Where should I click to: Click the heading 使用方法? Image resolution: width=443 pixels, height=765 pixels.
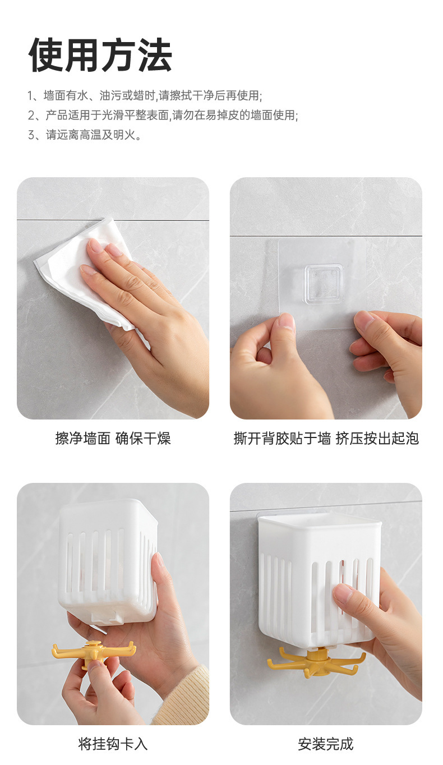point(100,55)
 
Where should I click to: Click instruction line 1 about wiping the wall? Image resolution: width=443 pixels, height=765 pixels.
point(145,95)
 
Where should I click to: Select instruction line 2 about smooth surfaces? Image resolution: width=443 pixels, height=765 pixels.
point(163,116)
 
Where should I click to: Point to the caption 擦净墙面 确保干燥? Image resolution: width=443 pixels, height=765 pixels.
point(113,439)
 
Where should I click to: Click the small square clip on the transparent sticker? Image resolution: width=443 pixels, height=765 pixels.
point(324,284)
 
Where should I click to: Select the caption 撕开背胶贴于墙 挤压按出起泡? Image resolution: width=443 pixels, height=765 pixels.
point(326,439)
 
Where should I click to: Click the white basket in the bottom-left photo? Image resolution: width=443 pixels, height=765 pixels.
point(108,561)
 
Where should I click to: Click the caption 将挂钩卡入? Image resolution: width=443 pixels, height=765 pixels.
point(113,744)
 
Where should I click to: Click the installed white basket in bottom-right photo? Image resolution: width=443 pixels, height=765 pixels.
point(314,578)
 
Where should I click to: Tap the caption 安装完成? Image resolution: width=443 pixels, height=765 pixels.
point(326,744)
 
